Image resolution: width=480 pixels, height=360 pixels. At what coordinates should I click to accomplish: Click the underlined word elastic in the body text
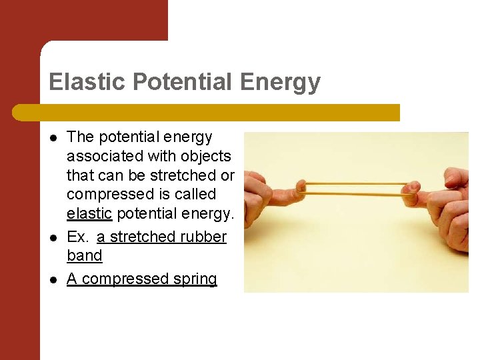(x=88, y=213)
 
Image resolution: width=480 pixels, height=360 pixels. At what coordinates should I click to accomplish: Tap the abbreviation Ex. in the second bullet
(x=79, y=237)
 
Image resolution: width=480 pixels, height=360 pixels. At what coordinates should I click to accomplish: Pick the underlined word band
(x=85, y=256)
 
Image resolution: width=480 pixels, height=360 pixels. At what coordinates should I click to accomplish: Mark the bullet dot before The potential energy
(x=53, y=138)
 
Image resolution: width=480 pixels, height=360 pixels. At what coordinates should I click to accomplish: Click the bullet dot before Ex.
(x=53, y=237)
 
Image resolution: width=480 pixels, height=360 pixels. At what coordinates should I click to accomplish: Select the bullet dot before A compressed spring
(x=53, y=279)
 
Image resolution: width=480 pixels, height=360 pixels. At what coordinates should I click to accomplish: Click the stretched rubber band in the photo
(x=353, y=187)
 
